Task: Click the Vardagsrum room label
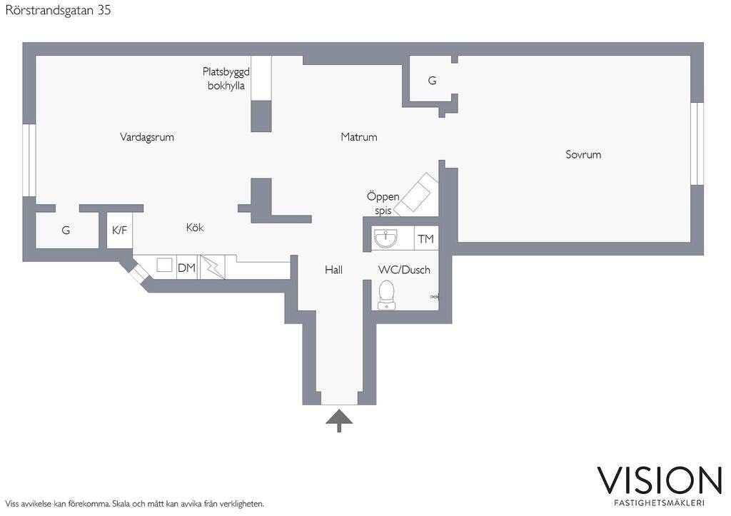point(147,137)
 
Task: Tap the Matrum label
point(358,137)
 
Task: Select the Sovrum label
point(583,154)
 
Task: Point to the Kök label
point(195,228)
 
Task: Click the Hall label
point(334,270)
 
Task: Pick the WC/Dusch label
point(404,270)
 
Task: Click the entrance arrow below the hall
point(339,420)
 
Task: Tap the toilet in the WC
point(386,295)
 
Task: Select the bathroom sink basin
point(385,238)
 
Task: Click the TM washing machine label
point(425,239)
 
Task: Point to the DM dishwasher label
point(186,268)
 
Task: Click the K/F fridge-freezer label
point(119,231)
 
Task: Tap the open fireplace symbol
point(417,195)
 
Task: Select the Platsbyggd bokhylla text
point(226,79)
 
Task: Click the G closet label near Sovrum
point(432,81)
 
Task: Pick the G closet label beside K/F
point(66,231)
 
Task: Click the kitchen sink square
point(165,265)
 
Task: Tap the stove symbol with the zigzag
point(213,267)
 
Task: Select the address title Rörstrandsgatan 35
point(59,10)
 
